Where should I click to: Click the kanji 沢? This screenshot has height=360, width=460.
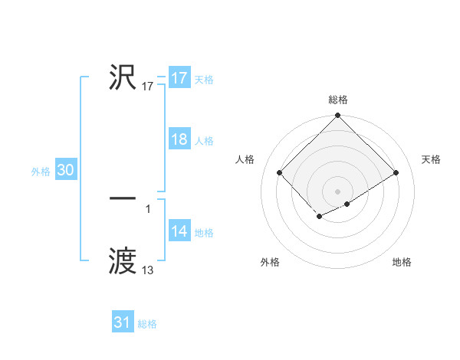click(123, 77)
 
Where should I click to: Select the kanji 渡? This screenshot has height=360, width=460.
click(123, 262)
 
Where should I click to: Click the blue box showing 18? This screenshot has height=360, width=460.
click(179, 139)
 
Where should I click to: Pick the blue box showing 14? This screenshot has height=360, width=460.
click(179, 231)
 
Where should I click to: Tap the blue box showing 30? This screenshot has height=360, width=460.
click(65, 171)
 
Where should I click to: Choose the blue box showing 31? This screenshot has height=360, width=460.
click(123, 322)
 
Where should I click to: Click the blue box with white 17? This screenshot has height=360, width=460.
click(179, 78)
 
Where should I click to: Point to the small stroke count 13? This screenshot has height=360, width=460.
click(148, 270)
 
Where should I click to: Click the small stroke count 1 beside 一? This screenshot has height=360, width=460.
click(148, 208)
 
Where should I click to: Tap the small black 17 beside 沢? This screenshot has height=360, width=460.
click(148, 87)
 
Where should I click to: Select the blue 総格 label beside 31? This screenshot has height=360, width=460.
click(147, 324)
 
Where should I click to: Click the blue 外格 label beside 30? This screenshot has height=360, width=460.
click(41, 172)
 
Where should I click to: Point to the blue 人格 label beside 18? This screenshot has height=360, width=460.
click(204, 141)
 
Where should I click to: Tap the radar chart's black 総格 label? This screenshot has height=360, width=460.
click(338, 100)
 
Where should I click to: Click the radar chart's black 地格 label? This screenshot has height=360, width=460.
click(402, 262)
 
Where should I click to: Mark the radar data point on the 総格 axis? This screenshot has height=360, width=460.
click(338, 116)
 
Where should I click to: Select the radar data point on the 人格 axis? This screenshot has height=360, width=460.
click(280, 172)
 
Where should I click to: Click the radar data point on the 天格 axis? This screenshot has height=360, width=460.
click(396, 172)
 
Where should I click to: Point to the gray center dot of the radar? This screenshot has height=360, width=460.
click(338, 191)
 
